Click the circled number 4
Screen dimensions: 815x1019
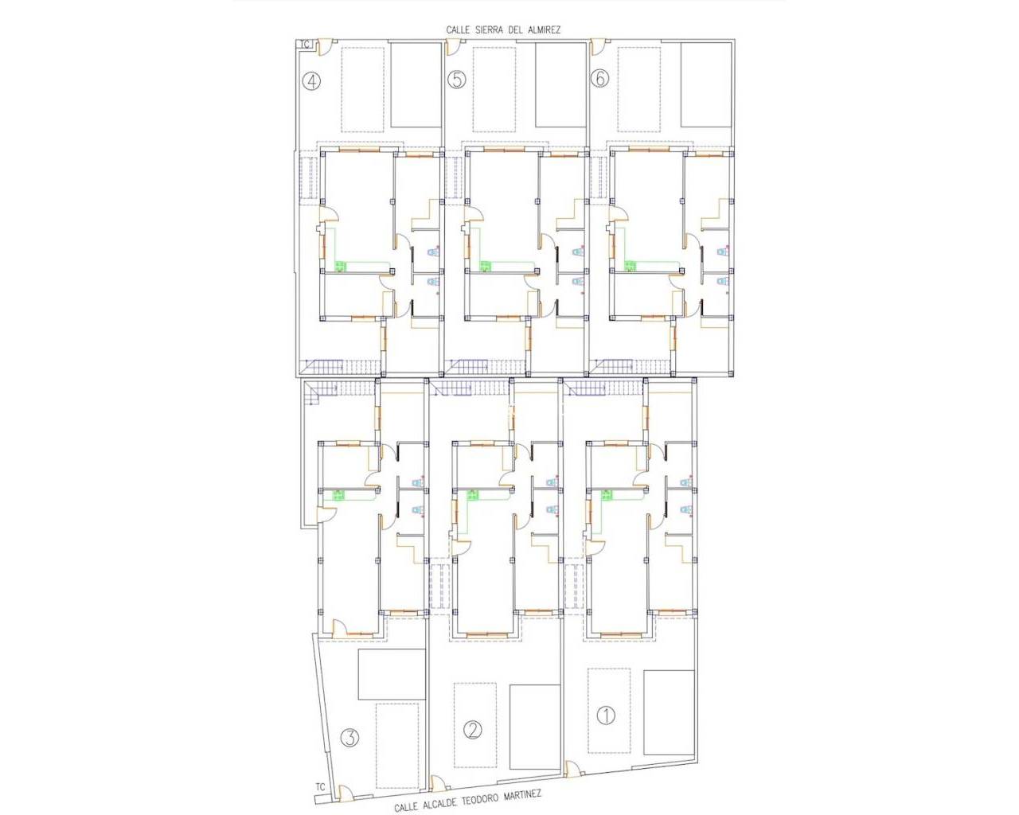(x=312, y=80)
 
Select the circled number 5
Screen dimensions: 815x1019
(x=456, y=80)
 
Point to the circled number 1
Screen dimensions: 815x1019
(x=607, y=716)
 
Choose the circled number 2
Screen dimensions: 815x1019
(x=473, y=729)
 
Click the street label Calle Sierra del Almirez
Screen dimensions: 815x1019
(x=503, y=30)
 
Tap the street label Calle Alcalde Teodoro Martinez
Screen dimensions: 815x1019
(x=468, y=800)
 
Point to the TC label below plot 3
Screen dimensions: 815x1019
(x=320, y=787)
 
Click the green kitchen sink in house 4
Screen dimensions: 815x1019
(x=341, y=267)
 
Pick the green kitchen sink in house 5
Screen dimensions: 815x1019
(x=485, y=267)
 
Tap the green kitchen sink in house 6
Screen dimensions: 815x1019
(x=629, y=267)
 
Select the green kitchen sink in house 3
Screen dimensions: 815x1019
(x=338, y=495)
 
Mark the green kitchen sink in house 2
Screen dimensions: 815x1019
(x=473, y=495)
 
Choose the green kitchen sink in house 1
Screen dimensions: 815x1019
(x=607, y=495)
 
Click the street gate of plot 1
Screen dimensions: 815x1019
(x=572, y=769)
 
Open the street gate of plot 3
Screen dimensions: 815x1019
(x=344, y=794)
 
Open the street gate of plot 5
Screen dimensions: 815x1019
(x=451, y=47)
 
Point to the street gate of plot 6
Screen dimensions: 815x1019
(x=596, y=47)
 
